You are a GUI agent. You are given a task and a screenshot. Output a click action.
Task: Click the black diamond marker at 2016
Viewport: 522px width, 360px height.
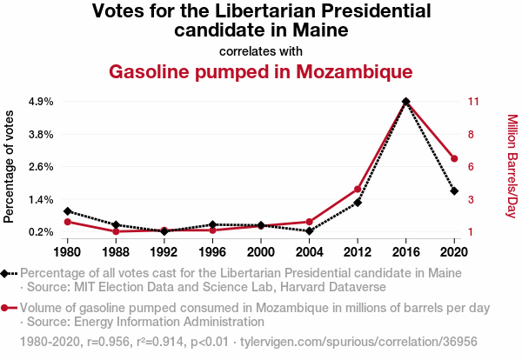pyautogui.click(x=406, y=102)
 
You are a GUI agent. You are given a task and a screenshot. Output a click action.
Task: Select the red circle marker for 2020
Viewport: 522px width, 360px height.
pyautogui.click(x=454, y=158)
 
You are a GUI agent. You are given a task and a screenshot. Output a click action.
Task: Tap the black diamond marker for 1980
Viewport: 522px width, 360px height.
pyautogui.click(x=67, y=211)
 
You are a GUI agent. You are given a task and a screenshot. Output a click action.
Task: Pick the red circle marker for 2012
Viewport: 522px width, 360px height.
pyautogui.click(x=358, y=189)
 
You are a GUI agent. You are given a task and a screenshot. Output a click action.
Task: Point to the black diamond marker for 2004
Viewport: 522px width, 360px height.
pyautogui.click(x=309, y=230)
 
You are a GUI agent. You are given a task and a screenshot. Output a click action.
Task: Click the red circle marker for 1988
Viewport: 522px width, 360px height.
pyautogui.click(x=116, y=231)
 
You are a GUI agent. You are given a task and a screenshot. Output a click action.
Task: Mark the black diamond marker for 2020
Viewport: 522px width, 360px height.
pyautogui.click(x=454, y=190)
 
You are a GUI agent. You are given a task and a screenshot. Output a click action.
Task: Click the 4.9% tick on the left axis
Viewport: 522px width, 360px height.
pyautogui.click(x=41, y=102)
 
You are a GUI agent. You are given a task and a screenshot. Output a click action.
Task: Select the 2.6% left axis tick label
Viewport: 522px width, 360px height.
pyautogui.click(x=41, y=167)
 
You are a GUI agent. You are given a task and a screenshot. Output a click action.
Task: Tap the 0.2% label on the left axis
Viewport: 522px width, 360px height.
pyautogui.click(x=41, y=232)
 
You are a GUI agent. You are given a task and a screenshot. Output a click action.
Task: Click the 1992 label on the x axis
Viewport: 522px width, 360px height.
pyautogui.click(x=164, y=252)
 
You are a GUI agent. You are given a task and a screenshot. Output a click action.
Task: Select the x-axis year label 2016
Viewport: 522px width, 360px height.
pyautogui.click(x=405, y=252)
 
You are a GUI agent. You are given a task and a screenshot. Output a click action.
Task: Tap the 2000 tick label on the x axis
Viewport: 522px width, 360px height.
pyautogui.click(x=260, y=252)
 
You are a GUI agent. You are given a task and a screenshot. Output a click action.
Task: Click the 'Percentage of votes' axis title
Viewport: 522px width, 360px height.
pyautogui.click(x=10, y=166)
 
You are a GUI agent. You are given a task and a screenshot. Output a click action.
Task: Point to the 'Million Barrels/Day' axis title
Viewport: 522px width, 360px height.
pyautogui.click(x=512, y=166)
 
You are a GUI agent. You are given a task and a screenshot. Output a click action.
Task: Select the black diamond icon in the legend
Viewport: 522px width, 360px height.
pyautogui.click(x=6, y=272)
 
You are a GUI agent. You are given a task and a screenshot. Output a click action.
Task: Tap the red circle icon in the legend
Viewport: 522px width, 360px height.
pyautogui.click(x=6, y=308)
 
